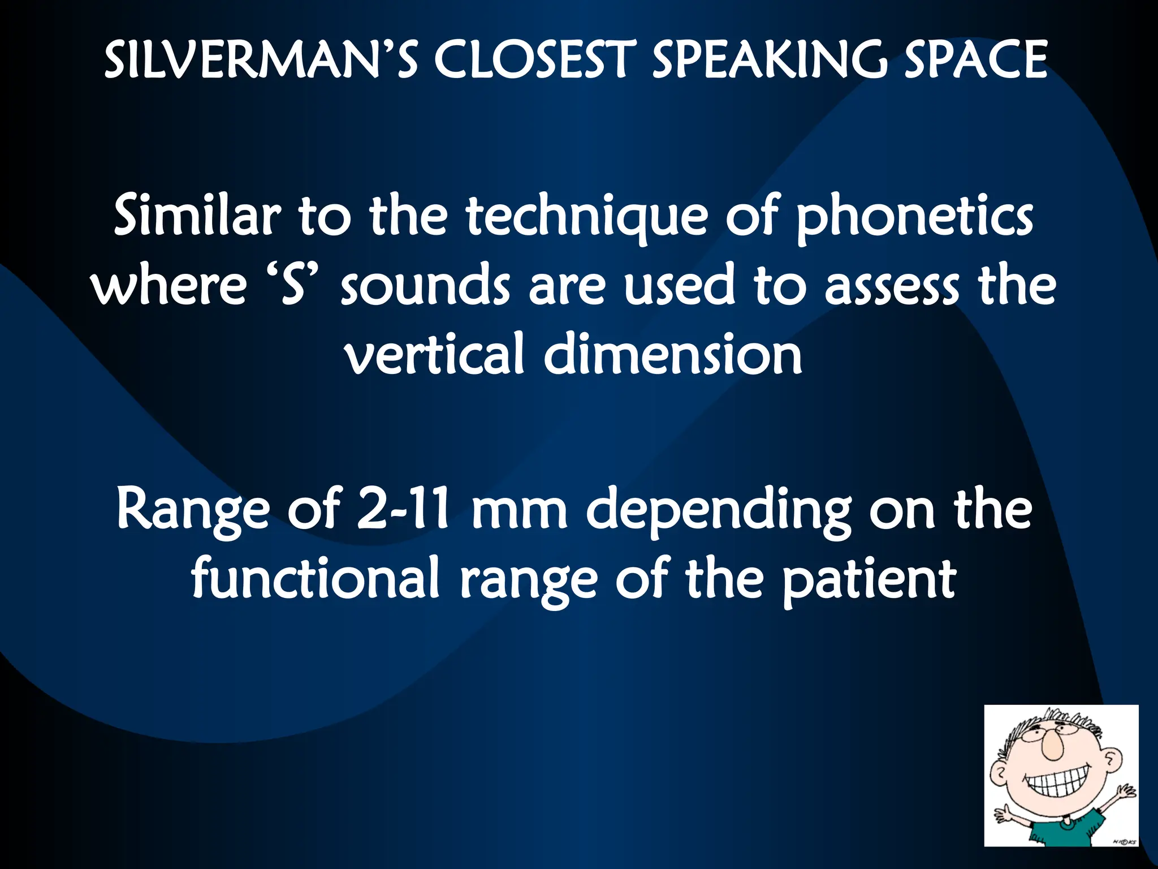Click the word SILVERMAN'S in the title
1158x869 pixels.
261,59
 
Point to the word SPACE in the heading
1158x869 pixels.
976,59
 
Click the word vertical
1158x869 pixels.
435,354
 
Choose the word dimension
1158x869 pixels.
673,354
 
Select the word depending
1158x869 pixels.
718,512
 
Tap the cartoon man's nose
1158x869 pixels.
1053,747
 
